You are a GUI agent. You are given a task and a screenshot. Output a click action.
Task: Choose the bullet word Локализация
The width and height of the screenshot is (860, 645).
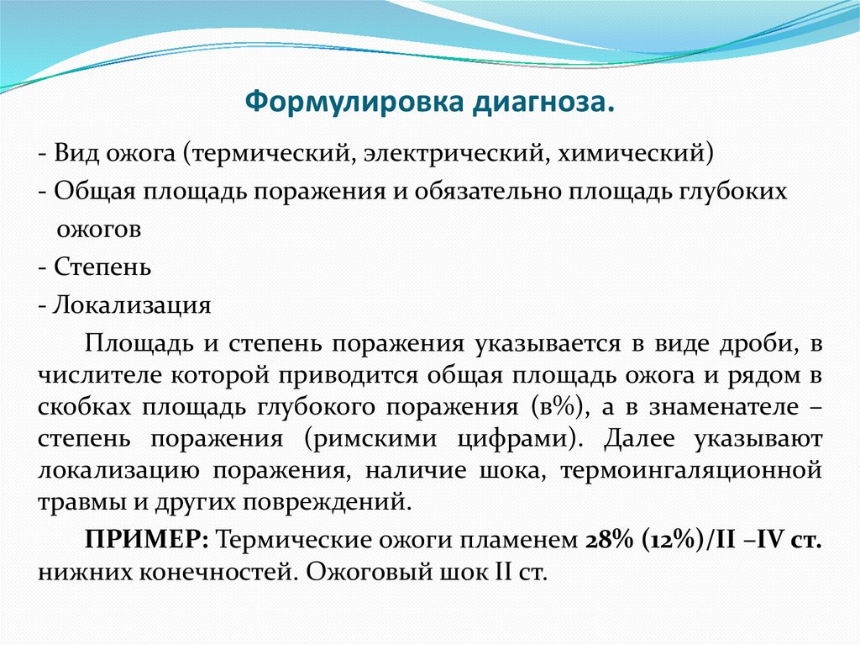click(x=132, y=304)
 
